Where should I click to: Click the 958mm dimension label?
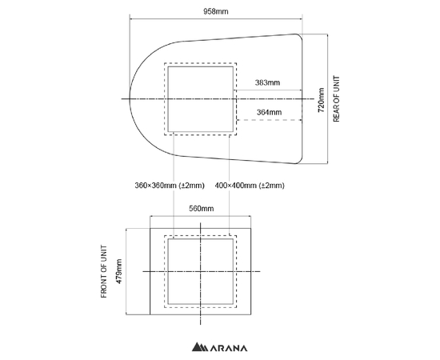point(216,11)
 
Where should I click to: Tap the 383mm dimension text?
point(267,82)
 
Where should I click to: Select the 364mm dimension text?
point(269,112)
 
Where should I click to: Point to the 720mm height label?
point(321,100)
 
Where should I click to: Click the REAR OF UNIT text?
point(336,98)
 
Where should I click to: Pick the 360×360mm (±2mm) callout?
point(170,186)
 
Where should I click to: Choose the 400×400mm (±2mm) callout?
point(250,186)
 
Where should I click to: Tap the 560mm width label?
point(201,209)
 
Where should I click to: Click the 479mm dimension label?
point(119,271)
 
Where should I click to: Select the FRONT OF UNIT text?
point(104,271)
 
